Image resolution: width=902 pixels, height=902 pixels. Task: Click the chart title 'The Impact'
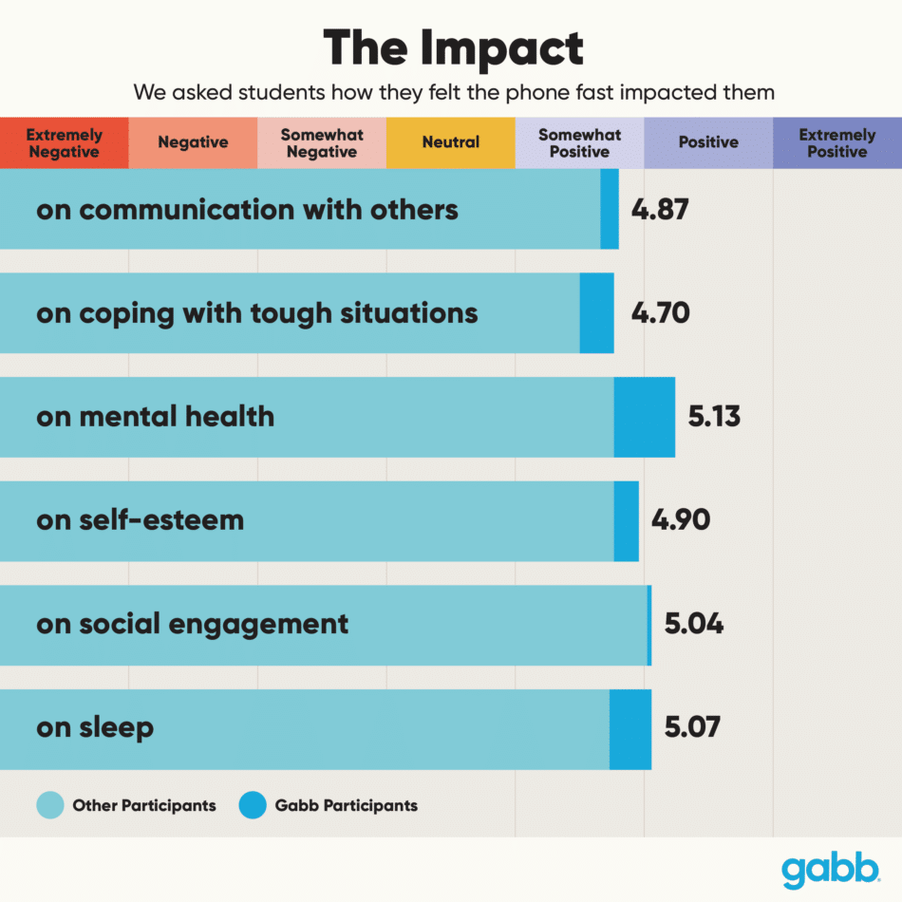[x=452, y=47]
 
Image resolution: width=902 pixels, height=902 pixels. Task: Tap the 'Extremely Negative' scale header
[x=64, y=143]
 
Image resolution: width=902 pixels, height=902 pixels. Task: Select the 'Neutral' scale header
[x=451, y=142]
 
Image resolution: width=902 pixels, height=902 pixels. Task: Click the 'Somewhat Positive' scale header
[x=579, y=143]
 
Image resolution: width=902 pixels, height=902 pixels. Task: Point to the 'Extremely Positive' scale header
[x=836, y=143]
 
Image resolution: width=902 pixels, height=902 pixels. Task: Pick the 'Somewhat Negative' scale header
[x=321, y=143]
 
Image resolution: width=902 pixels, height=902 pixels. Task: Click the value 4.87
[x=660, y=209]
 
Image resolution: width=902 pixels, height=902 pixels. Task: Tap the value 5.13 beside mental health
[x=714, y=417]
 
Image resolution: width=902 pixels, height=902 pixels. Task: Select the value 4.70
[x=661, y=312]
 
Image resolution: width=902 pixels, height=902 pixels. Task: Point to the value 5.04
[x=693, y=624]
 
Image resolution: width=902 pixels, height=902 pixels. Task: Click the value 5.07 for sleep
[x=692, y=727]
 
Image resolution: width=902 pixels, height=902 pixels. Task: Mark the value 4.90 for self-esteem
[x=680, y=520]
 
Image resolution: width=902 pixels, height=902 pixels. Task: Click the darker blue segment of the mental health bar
[x=645, y=417]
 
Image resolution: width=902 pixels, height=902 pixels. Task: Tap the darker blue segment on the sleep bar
[x=630, y=729]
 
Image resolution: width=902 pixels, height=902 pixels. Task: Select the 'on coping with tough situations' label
[x=256, y=313]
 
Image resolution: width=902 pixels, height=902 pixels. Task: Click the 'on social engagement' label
[x=192, y=624]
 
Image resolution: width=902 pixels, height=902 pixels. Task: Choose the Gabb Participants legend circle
[x=253, y=805]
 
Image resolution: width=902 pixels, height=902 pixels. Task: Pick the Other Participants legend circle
[x=49, y=805]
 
